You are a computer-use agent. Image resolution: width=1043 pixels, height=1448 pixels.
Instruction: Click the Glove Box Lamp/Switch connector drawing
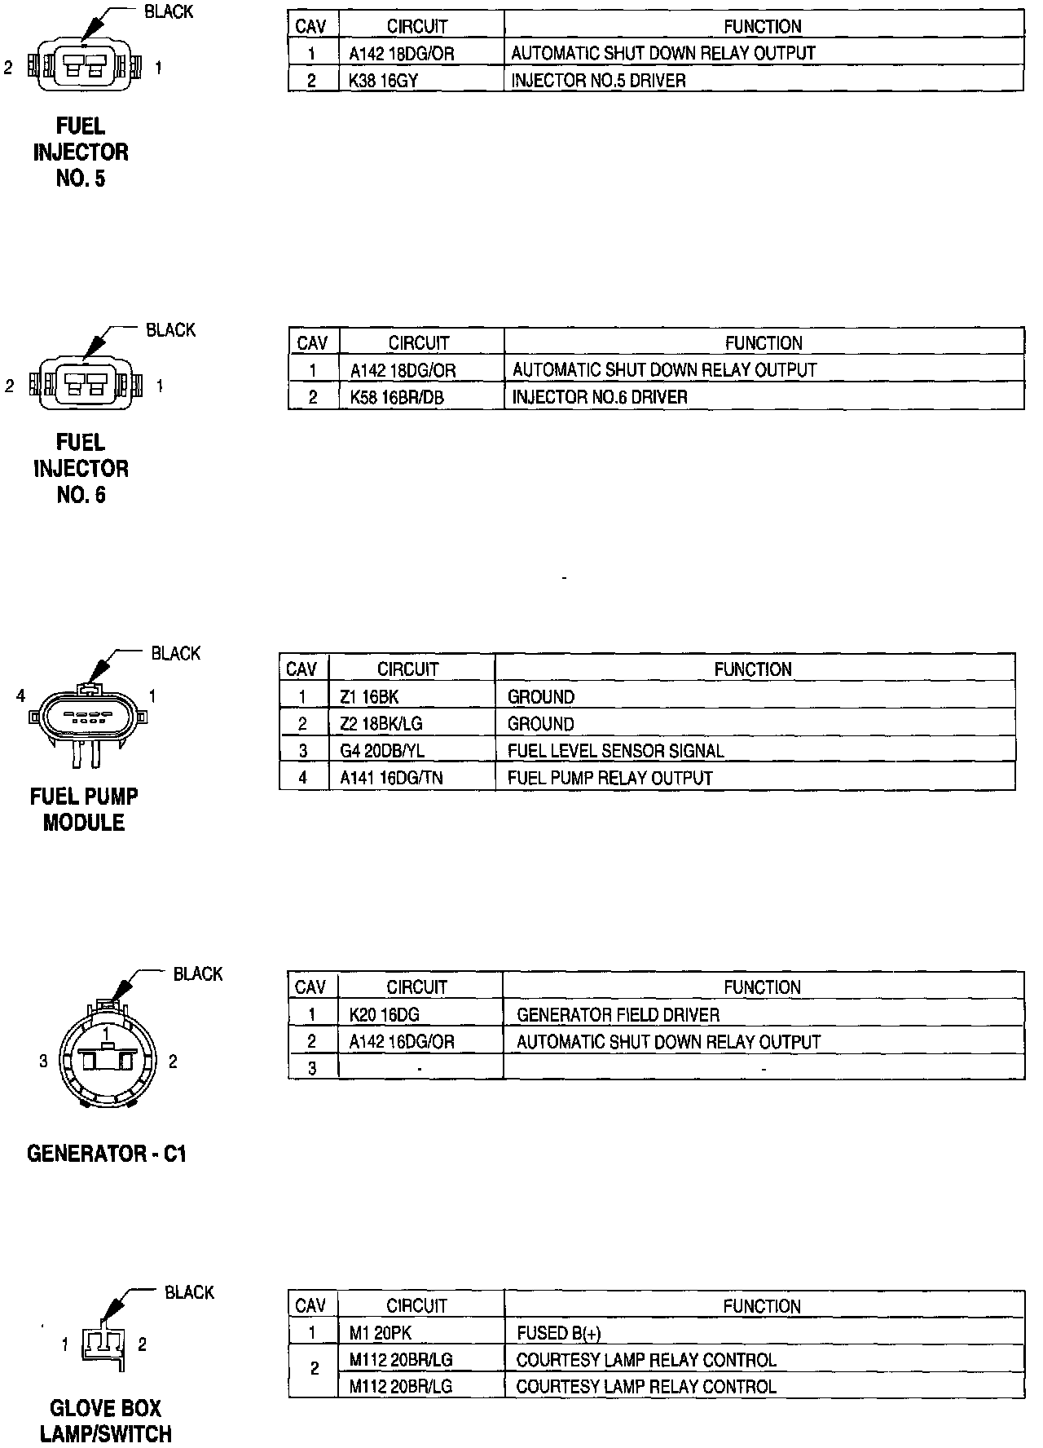(x=103, y=1344)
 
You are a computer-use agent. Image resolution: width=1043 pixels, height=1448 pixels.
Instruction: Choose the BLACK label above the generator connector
(x=198, y=973)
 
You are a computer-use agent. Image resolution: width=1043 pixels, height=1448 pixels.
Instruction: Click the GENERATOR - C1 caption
(x=107, y=1154)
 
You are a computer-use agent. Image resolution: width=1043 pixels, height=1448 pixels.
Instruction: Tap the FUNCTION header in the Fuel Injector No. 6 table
(x=764, y=343)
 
